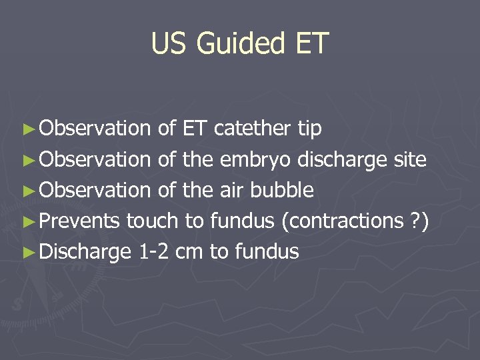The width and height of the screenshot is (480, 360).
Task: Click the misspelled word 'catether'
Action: pos(255,127)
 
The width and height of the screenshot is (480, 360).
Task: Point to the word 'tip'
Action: pos(309,127)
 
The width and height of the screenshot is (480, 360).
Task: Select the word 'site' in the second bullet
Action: pos(408,159)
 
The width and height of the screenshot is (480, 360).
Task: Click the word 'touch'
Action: pos(153,221)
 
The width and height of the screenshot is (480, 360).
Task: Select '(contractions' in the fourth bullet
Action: pos(340,221)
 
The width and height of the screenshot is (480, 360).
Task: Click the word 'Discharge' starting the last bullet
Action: pos(86,251)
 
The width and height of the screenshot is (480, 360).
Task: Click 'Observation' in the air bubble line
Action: pos(95,190)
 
